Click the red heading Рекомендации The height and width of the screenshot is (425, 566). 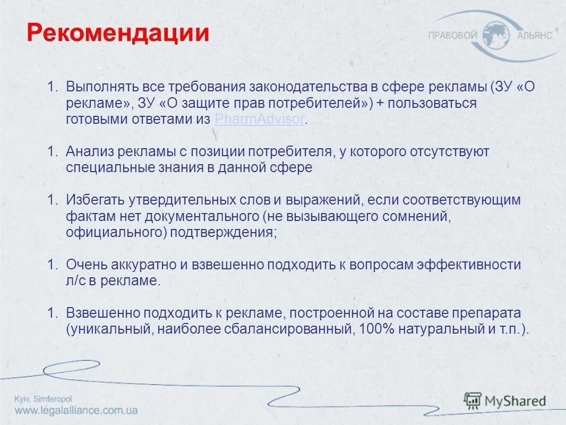[118, 33]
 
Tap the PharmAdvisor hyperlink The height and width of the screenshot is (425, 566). [260, 119]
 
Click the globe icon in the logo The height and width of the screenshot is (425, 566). [497, 35]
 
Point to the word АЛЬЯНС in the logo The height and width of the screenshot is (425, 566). [534, 36]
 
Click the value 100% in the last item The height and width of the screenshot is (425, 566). [376, 329]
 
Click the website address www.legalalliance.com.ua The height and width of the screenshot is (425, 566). [76, 411]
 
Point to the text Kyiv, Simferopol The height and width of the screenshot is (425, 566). [43, 399]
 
